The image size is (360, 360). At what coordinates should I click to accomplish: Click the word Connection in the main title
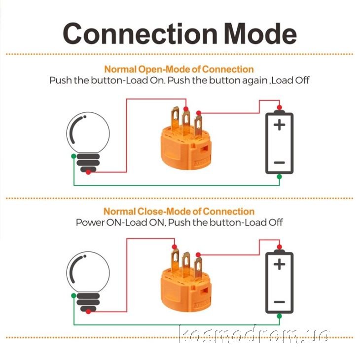coord(140,34)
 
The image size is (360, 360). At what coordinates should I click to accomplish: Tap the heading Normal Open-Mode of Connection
coord(179,69)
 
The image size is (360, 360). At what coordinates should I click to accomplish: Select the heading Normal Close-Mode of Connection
coord(179,211)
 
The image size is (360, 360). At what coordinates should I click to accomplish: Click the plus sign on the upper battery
coord(280,125)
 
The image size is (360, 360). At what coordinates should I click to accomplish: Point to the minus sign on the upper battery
coord(280,163)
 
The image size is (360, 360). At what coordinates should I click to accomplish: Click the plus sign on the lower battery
coord(280,264)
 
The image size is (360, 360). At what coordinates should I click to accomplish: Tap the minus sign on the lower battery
coord(280,302)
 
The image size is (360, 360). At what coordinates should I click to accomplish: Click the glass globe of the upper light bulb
coord(88,133)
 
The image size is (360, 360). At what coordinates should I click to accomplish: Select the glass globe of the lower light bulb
coord(88,272)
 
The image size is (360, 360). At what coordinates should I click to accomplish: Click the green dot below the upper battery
coord(279,177)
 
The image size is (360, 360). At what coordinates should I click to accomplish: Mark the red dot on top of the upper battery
coord(280,108)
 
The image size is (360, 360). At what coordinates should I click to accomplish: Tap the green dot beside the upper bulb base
coord(73,156)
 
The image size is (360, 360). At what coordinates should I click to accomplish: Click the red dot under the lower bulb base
coord(88,312)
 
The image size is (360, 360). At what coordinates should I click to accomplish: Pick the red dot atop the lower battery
coord(280,247)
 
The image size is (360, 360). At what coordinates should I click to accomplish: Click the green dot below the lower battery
coord(279,316)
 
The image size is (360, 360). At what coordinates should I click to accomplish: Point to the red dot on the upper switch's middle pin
coord(186,109)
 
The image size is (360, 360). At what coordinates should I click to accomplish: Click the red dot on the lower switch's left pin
coord(175,247)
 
